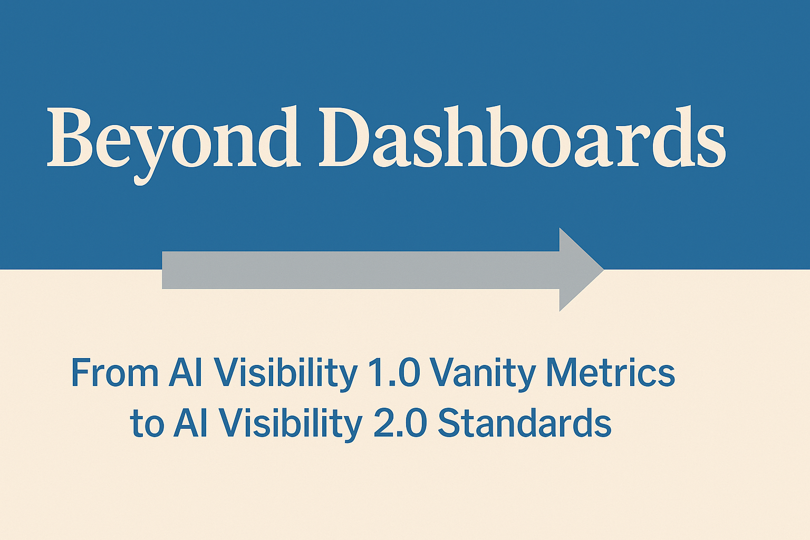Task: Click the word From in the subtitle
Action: click(x=114, y=373)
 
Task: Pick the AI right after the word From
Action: click(x=186, y=373)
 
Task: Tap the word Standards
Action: click(x=524, y=423)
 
